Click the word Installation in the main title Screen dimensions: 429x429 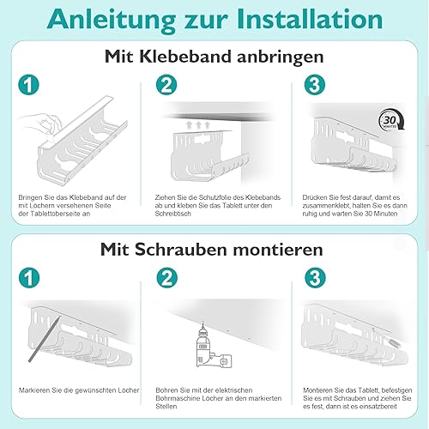[x=310, y=19]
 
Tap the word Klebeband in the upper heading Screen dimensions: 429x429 [x=185, y=57]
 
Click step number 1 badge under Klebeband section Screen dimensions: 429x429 [x=28, y=85]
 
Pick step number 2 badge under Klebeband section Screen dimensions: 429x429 [x=166, y=85]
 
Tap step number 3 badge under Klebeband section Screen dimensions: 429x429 [x=315, y=85]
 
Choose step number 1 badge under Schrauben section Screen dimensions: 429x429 [x=29, y=278]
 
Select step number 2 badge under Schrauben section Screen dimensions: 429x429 [x=167, y=278]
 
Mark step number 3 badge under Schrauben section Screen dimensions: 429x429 [x=315, y=278]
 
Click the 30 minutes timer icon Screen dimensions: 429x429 [x=391, y=120]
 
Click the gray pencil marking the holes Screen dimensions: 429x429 [x=45, y=340]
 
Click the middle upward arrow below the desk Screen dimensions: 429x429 [x=198, y=124]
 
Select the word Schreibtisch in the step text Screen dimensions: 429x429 [x=172, y=214]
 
